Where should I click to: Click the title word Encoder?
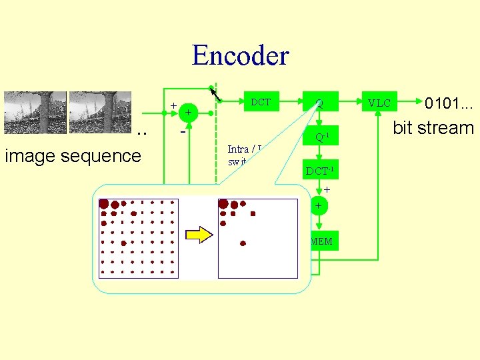click(240, 55)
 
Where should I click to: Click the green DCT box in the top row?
click(260, 102)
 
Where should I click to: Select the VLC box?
click(379, 103)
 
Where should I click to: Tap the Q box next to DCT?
click(320, 103)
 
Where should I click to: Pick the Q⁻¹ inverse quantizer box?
click(320, 138)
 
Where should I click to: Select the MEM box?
click(321, 241)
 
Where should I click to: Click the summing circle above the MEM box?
click(318, 206)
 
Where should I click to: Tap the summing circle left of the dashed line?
click(189, 113)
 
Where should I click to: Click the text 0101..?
click(449, 103)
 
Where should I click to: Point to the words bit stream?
click(433, 128)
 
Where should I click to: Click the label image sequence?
click(73, 156)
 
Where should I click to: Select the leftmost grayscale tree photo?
click(35, 113)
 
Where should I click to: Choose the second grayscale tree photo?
click(99, 113)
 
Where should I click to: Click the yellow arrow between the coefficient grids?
click(199, 235)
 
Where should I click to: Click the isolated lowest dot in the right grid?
click(243, 243)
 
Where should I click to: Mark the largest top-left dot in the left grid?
click(104, 203)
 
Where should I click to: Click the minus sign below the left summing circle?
click(183, 132)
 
